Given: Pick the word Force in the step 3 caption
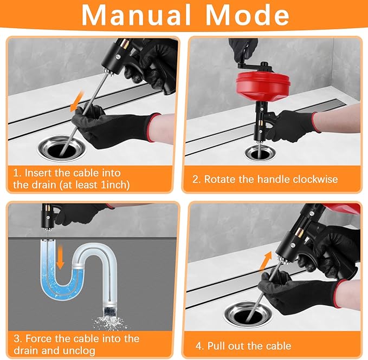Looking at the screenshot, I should coord(38,339).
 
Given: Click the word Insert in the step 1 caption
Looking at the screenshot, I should coord(41,173).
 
